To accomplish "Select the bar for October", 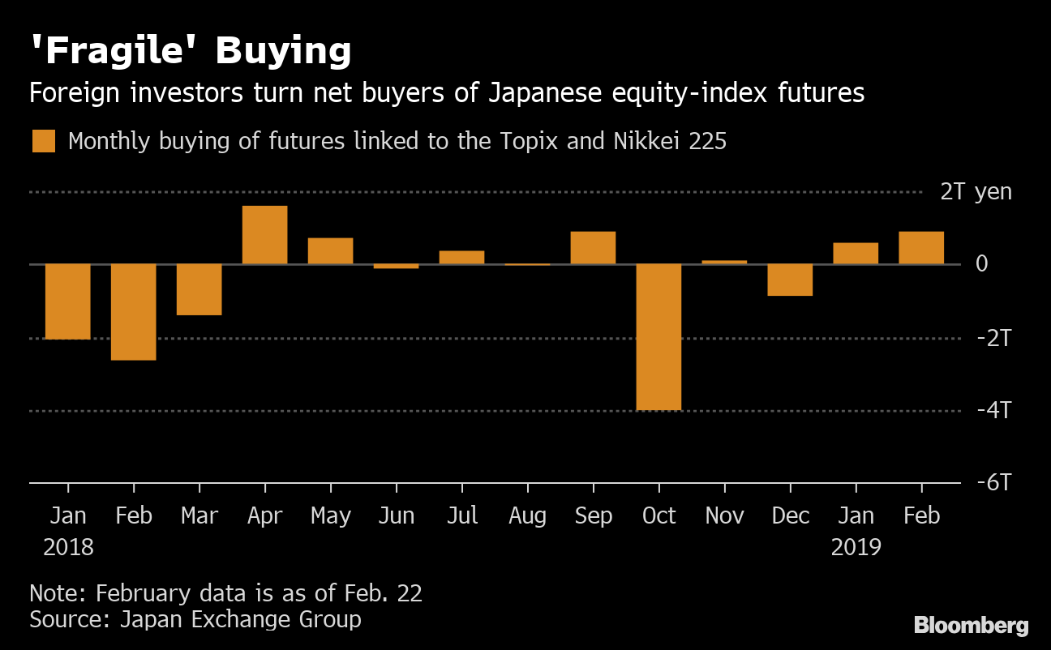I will point(658,337).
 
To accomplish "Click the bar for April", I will point(264,235).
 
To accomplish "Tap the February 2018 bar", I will point(133,312).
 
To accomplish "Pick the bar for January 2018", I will point(67,301).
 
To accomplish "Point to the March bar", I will point(199,289).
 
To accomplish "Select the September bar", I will point(593,248).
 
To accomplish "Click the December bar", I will point(790,280).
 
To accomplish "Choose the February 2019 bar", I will point(921,248).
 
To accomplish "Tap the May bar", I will point(330,251).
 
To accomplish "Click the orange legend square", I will point(44,141).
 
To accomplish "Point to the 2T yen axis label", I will point(976,192).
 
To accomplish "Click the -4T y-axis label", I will point(993,410).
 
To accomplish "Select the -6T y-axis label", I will point(993,483).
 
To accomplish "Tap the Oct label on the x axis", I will point(658,516).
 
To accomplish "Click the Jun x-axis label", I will point(396,516).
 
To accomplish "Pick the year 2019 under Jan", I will point(856,548).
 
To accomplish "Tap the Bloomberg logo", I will point(971,626).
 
